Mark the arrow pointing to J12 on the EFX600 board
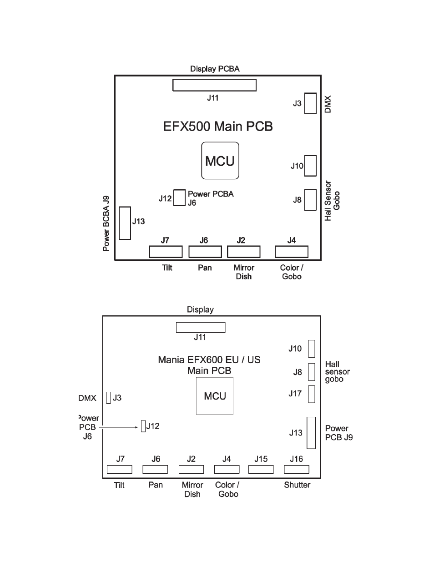[118, 427]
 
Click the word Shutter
[297, 485]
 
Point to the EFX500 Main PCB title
[218, 127]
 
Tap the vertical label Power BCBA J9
[106, 223]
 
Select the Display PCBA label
[215, 69]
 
